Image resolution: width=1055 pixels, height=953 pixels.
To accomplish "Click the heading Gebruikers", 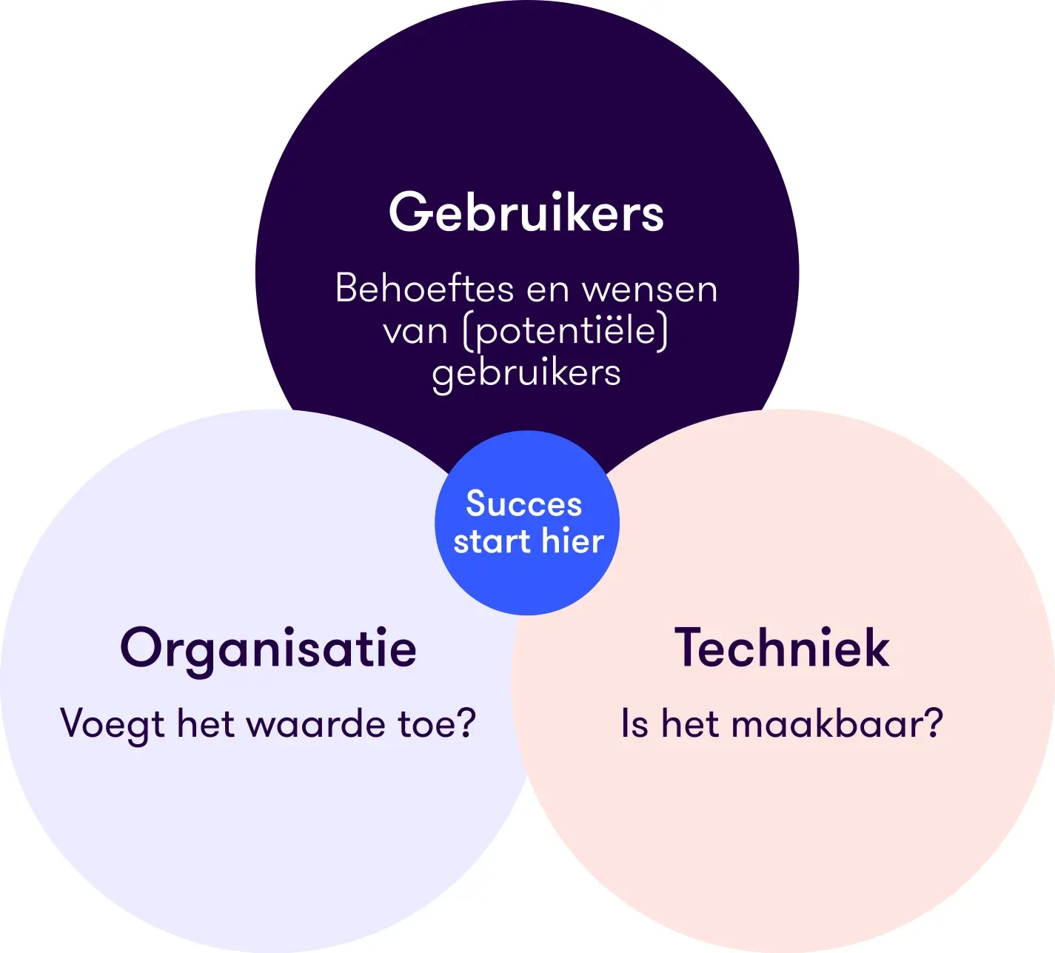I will click(x=526, y=213).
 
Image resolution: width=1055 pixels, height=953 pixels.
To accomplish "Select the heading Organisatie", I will click(x=268, y=649).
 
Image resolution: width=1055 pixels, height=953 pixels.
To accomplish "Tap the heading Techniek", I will click(x=782, y=648).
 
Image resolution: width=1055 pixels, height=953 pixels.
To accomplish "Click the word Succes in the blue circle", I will click(x=524, y=504).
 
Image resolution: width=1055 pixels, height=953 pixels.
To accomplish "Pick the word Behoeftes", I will click(x=424, y=288).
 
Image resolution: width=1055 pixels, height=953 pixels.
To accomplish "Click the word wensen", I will click(x=650, y=290).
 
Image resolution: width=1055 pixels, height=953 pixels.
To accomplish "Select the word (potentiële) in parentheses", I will click(x=566, y=330).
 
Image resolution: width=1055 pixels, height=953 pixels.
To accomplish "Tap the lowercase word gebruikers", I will click(x=526, y=373).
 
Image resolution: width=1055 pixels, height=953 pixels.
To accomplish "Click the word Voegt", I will click(x=112, y=724).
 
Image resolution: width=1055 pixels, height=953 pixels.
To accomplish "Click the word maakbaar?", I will click(x=837, y=723).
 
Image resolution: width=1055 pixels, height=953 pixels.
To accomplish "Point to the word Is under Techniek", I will click(x=635, y=723).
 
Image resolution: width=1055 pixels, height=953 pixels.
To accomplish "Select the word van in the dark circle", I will click(x=415, y=331).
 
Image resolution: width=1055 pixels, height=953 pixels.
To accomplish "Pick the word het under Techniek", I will click(x=690, y=723).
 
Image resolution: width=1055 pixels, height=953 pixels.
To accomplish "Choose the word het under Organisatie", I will click(x=206, y=723).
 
